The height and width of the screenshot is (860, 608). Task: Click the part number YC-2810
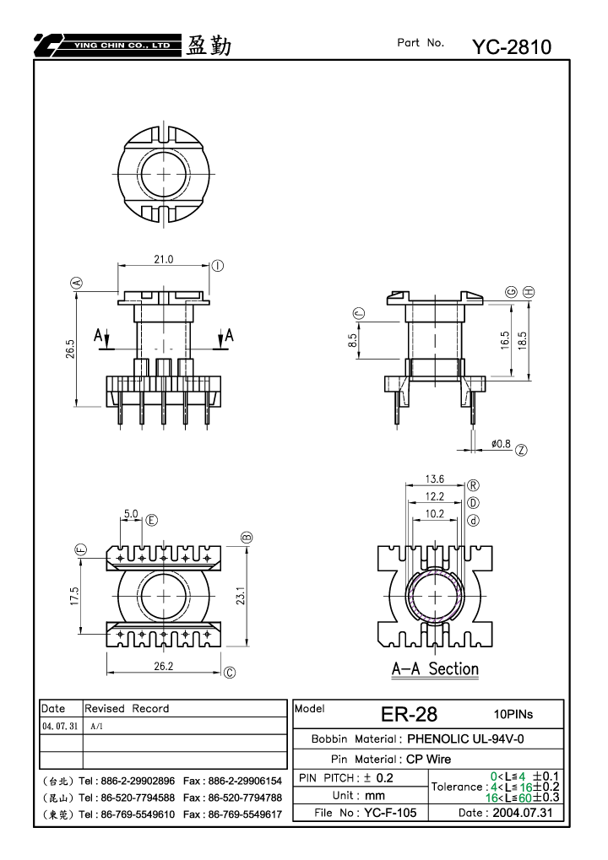(x=512, y=47)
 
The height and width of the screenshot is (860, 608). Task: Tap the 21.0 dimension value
(x=164, y=259)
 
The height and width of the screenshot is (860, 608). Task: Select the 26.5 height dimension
(x=70, y=349)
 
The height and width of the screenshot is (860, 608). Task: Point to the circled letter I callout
(x=218, y=266)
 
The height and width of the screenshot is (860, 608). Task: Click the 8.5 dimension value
(x=352, y=341)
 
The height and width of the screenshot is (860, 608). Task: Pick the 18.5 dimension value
(x=522, y=340)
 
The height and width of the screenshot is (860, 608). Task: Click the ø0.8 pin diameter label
(x=501, y=444)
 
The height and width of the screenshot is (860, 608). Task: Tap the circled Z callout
(x=521, y=451)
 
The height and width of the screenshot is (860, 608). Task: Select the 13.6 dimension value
(x=435, y=479)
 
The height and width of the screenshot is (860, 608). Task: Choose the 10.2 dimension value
(x=435, y=513)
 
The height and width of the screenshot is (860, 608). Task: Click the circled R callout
(x=473, y=485)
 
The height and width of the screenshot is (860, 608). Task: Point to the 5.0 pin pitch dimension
(x=131, y=514)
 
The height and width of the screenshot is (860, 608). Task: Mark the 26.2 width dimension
(x=164, y=667)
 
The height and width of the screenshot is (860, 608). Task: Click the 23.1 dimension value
(x=241, y=596)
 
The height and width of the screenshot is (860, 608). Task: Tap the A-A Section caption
(x=435, y=669)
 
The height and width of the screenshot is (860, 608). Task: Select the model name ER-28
(x=409, y=714)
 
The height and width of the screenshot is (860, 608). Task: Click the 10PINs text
(x=513, y=714)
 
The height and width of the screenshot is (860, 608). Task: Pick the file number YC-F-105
(x=390, y=813)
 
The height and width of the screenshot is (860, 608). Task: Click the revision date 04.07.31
(x=60, y=726)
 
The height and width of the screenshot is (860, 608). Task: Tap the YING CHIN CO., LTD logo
(x=107, y=45)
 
